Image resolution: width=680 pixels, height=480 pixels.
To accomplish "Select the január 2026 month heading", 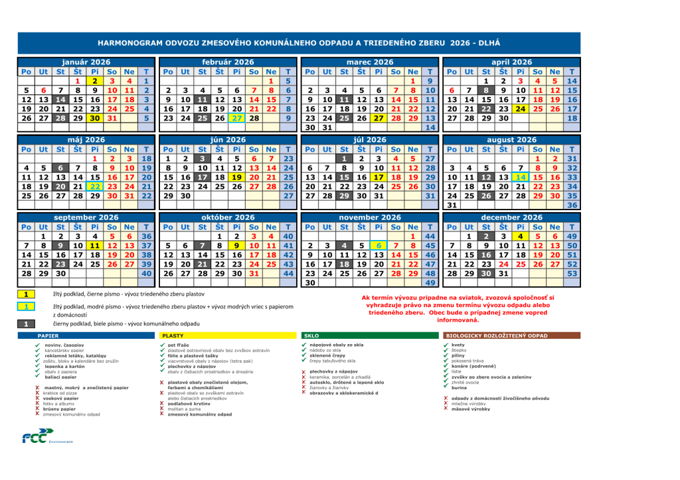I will [x=86, y=62].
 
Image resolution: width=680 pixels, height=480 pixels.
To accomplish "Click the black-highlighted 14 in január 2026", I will [x=60, y=99].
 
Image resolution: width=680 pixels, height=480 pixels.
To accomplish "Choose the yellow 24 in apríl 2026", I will [x=521, y=109].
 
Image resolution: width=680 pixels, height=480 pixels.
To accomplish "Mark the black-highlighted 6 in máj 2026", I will [x=60, y=168].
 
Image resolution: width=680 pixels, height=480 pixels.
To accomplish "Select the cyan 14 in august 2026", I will [x=521, y=177].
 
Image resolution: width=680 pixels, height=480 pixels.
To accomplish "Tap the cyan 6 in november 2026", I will [x=378, y=246].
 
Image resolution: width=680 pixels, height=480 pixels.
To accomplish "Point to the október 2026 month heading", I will [x=228, y=217].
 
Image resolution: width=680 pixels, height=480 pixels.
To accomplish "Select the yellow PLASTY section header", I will [x=173, y=336].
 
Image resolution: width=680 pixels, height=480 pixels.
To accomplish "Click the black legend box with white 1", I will [x=25, y=324].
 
